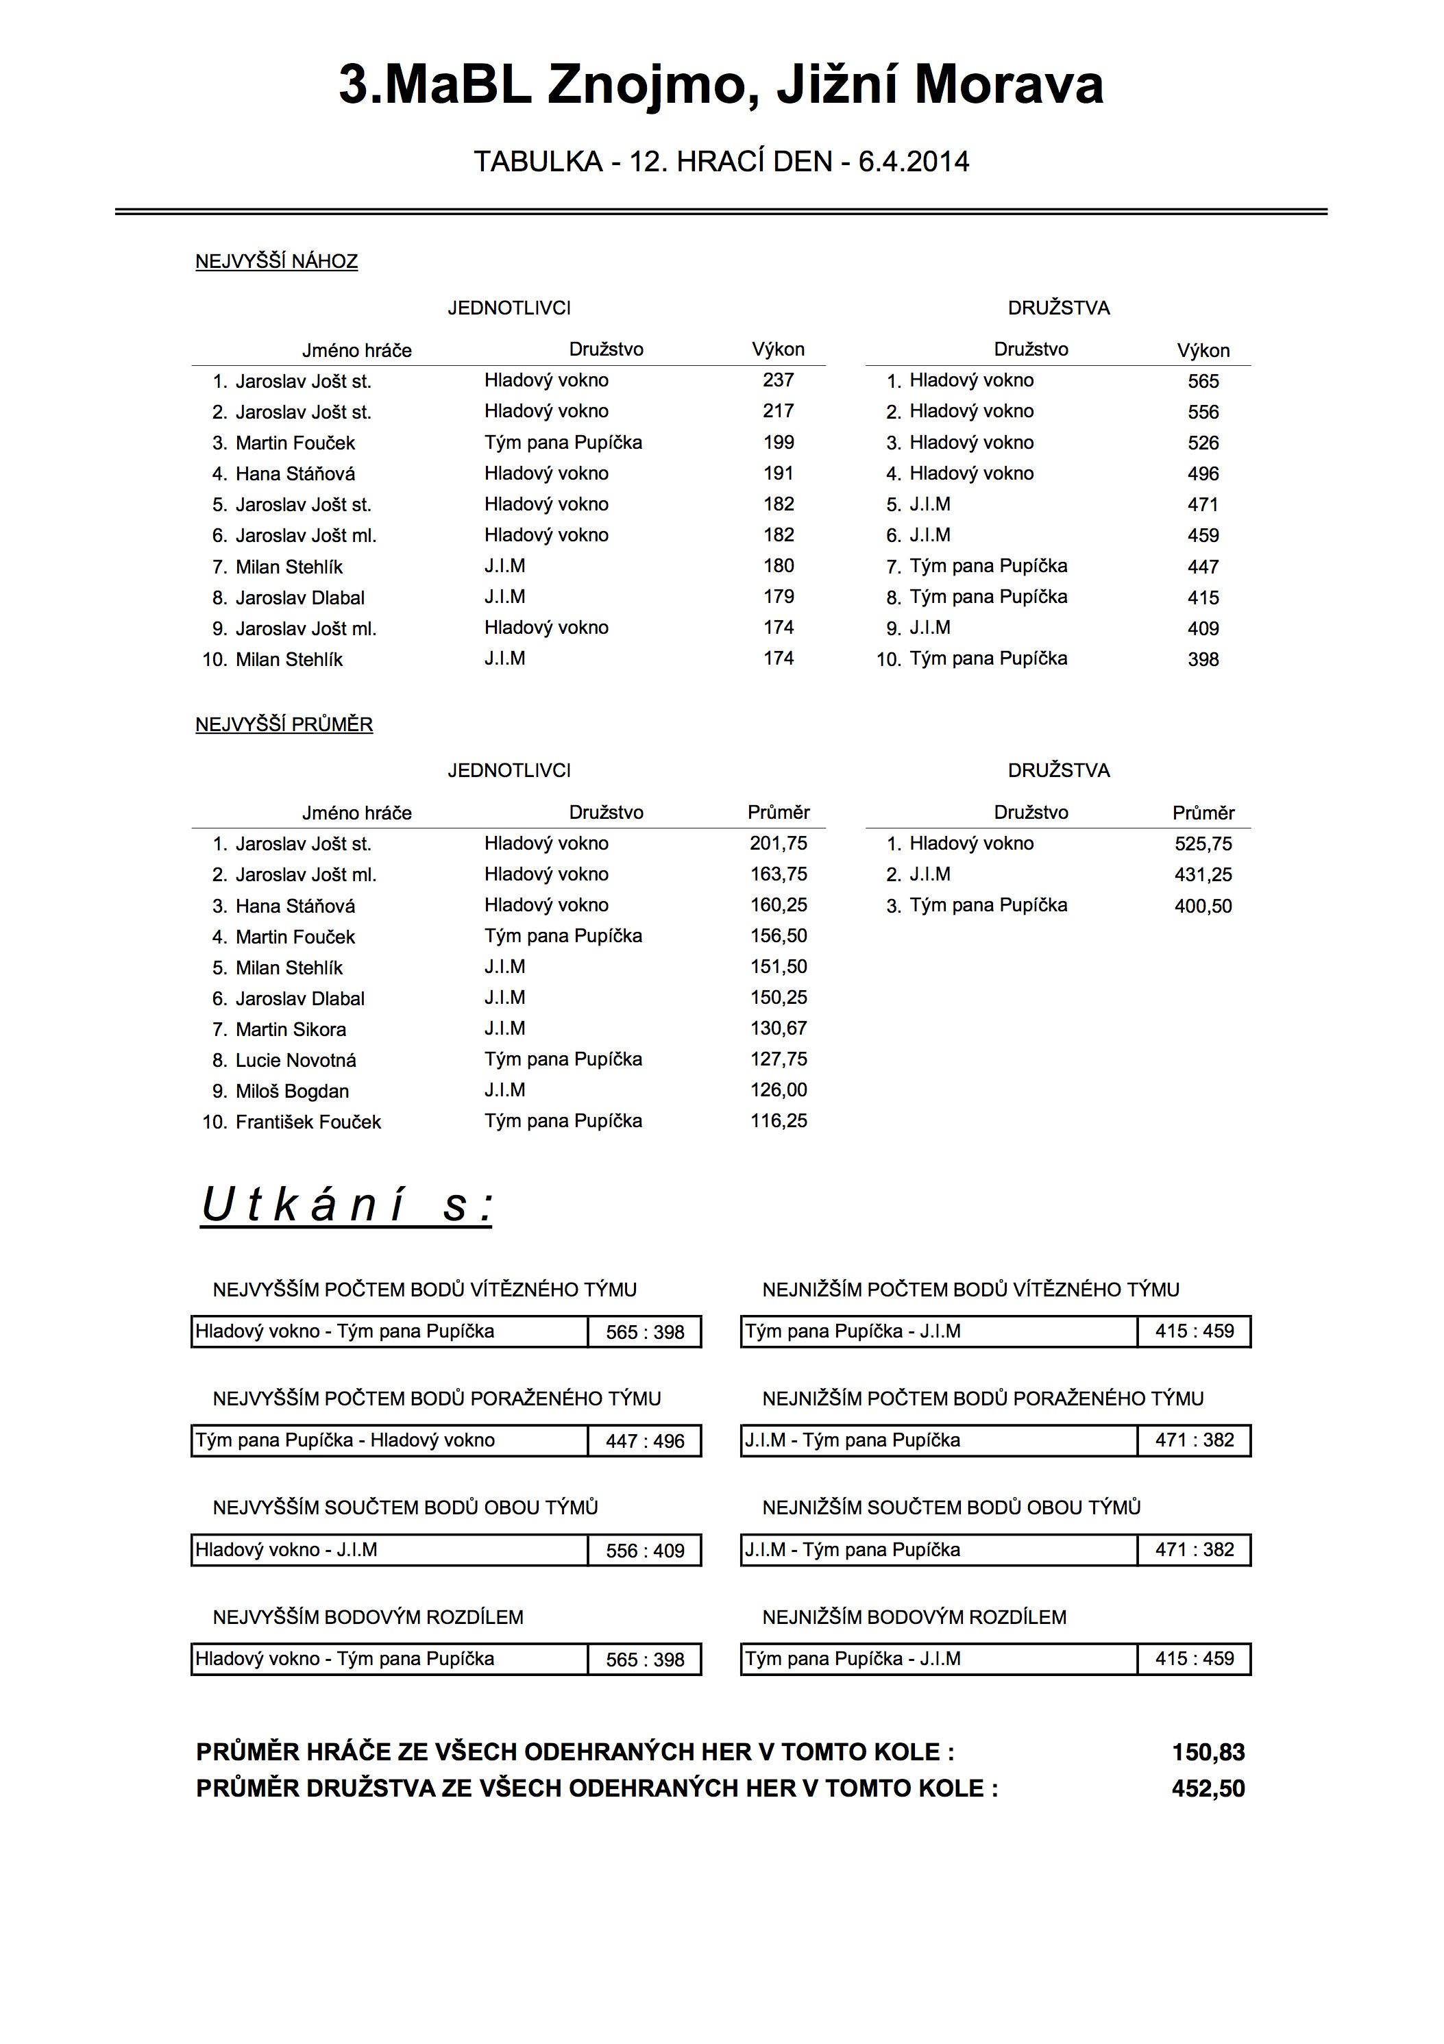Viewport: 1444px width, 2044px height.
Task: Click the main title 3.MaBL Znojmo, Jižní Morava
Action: coord(721,86)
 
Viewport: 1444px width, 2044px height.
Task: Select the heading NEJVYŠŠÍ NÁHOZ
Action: coord(276,262)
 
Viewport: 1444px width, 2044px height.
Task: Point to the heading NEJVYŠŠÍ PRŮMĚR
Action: coord(284,725)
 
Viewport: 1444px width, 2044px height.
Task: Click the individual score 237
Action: coord(778,380)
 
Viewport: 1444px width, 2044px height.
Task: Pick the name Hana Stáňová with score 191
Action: coord(295,473)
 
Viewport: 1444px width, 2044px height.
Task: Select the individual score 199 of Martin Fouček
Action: coord(778,443)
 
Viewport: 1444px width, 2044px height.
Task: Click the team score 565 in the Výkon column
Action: coord(1203,381)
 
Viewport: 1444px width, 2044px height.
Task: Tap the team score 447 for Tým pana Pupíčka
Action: coord(1203,566)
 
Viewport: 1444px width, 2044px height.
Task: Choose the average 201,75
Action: coord(778,843)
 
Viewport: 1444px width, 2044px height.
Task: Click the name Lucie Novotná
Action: coord(295,1060)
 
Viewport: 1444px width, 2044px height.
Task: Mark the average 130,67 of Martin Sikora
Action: coord(778,1029)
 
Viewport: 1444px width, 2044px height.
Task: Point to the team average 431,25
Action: coord(1203,874)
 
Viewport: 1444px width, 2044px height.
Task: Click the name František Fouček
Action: coord(307,1122)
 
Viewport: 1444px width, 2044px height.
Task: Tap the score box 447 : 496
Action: coord(644,1441)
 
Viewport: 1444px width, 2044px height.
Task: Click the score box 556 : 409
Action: coord(644,1551)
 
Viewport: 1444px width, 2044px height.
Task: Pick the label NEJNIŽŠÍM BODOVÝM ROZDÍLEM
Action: coord(914,1616)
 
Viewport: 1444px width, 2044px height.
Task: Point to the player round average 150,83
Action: coord(1208,1752)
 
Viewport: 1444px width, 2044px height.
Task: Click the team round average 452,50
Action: coord(1208,1788)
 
